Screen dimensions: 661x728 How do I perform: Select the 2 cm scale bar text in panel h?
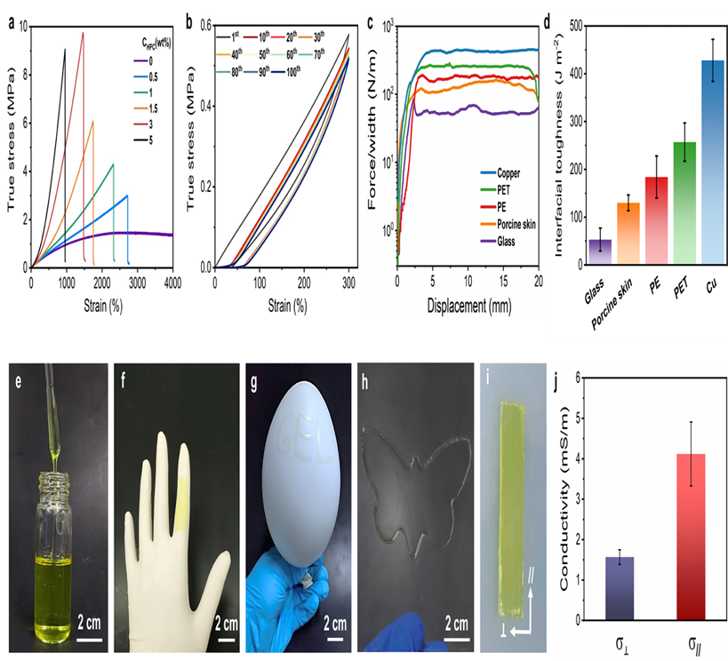point(436,613)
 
